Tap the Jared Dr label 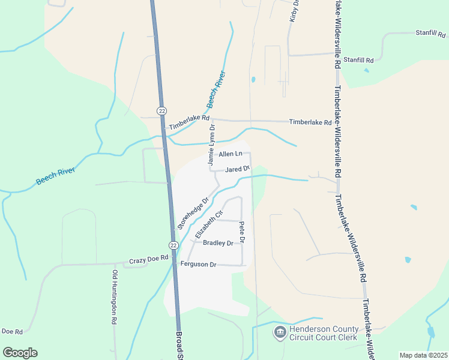pos(237,169)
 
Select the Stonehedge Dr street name pos(193,213)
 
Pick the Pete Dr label pos(243,232)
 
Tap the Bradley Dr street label pos(218,243)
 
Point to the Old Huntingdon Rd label pos(114,298)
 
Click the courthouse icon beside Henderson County pos(280,332)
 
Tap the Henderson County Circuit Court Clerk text pos(324,333)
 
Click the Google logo pos(20,352)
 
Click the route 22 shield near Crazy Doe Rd pos(173,245)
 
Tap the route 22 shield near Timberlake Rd pos(161,110)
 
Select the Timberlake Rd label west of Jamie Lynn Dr pos(189,123)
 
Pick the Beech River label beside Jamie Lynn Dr pos(216,89)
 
